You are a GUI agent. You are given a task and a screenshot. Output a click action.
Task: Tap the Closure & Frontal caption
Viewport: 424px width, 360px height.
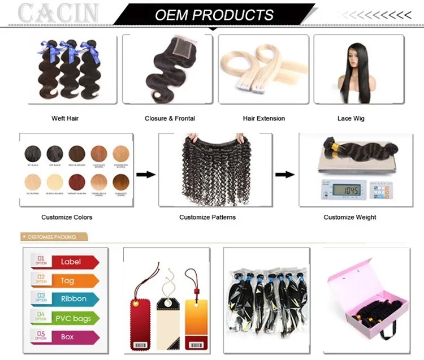(170, 119)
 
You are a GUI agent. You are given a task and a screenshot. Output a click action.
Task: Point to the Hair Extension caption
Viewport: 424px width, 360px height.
(264, 119)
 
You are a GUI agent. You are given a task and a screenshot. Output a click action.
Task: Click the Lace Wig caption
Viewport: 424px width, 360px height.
(351, 119)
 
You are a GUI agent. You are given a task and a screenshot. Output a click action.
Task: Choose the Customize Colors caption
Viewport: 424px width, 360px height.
(67, 217)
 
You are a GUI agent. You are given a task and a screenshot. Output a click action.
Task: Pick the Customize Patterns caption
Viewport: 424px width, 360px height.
(207, 217)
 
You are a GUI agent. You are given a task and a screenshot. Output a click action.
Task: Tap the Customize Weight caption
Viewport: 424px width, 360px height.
(350, 217)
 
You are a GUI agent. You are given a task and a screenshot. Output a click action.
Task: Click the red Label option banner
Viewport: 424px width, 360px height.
(71, 262)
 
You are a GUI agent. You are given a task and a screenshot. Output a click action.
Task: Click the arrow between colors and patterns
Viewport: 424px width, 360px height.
(146, 175)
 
